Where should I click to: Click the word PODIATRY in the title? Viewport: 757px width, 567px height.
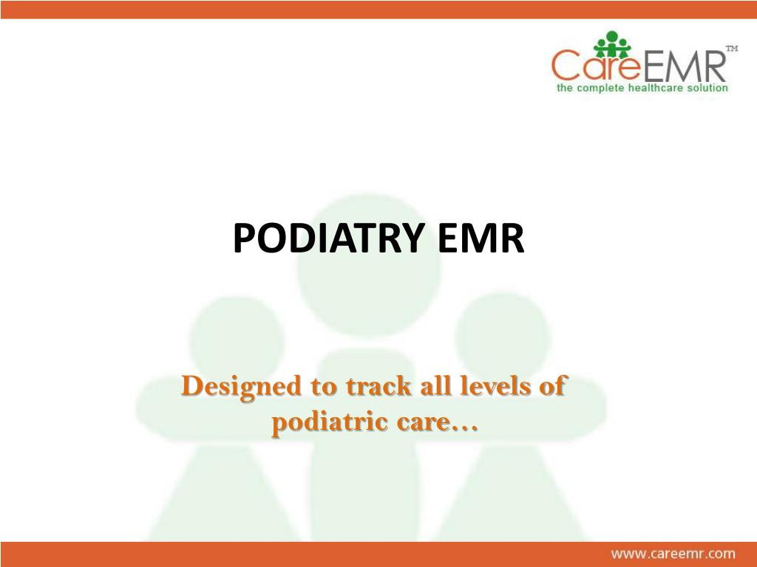329,238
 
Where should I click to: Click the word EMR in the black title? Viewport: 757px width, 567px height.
481,238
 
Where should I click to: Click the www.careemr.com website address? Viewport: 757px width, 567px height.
673,554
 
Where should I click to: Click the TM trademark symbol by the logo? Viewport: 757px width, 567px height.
732,48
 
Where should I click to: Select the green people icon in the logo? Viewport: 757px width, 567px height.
612,44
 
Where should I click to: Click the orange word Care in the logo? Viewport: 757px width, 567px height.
597,66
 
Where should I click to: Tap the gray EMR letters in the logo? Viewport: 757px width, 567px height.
684,66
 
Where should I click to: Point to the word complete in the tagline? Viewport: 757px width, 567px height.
600,89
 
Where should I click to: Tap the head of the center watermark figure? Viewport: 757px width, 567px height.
370,265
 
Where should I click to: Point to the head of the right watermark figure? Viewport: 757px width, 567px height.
502,338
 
